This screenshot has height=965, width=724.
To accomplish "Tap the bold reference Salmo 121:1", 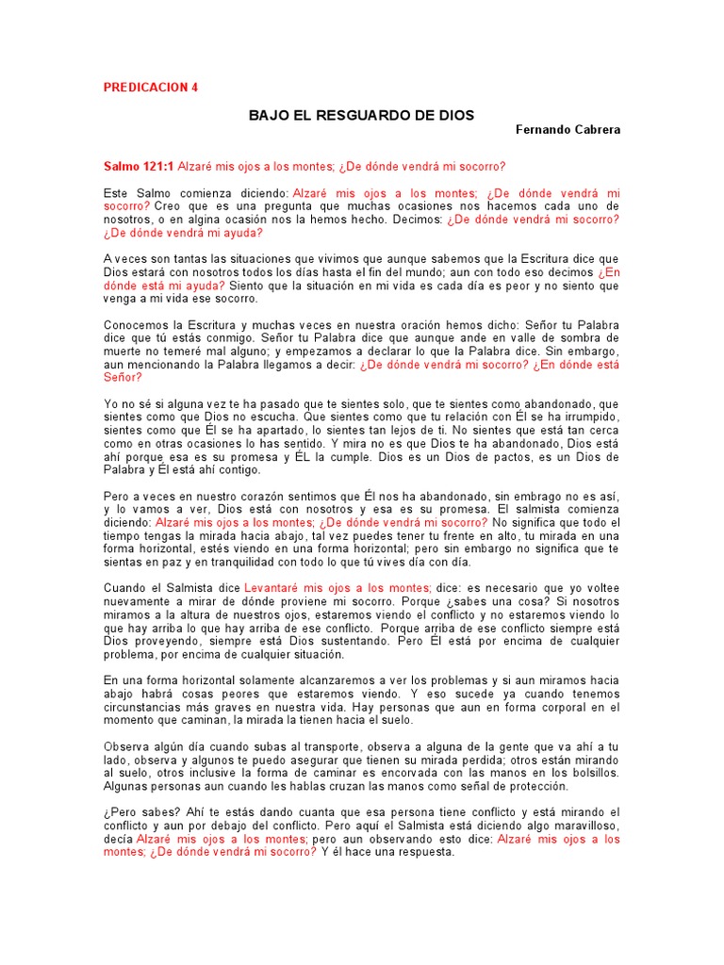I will [139, 166].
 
